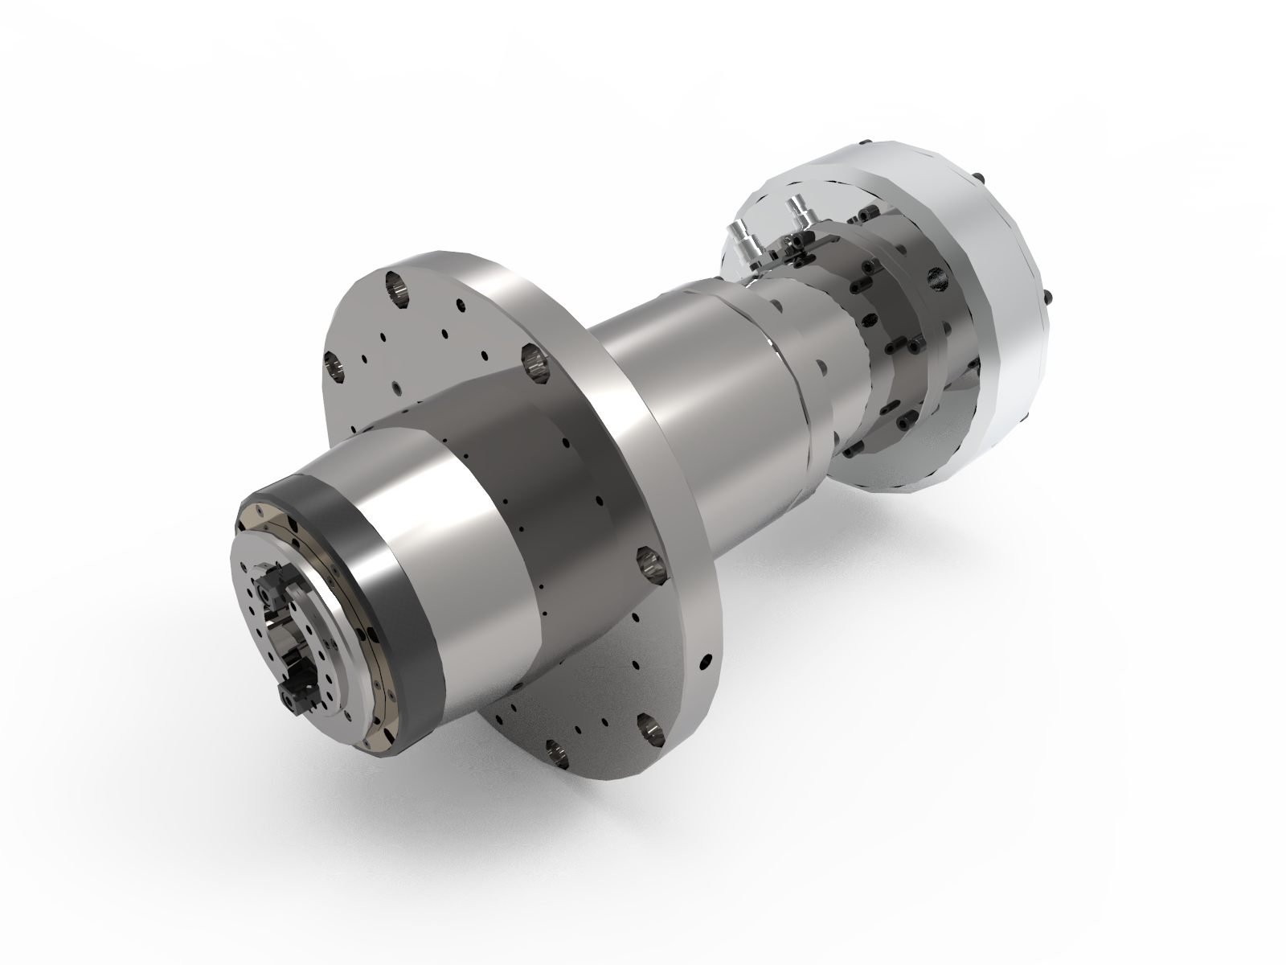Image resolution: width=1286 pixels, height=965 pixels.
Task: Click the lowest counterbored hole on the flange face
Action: pyautogui.click(x=555, y=752)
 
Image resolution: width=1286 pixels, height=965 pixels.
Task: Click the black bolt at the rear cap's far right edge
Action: pyautogui.click(x=1049, y=298)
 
